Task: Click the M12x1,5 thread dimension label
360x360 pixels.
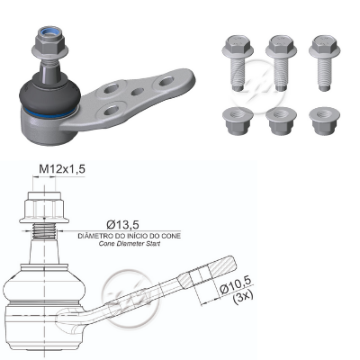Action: [x=62, y=169]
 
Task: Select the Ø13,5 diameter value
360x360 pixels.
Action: [x=122, y=224]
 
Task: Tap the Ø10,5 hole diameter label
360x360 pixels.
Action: [x=235, y=287]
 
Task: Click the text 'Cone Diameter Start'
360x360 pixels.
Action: [x=130, y=243]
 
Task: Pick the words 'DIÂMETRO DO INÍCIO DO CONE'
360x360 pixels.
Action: [x=130, y=236]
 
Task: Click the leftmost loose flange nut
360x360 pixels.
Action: [x=238, y=121]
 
